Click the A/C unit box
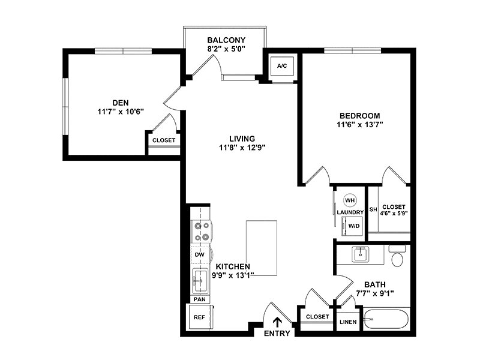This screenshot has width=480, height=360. [282, 66]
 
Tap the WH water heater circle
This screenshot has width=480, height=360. [350, 200]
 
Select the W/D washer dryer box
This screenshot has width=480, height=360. [352, 226]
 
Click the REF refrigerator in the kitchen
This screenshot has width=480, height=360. [199, 317]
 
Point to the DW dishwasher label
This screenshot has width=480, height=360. [200, 254]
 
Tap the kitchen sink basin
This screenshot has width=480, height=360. [200, 281]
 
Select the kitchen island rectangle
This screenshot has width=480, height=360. [262, 248]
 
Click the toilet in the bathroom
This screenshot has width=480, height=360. [397, 256]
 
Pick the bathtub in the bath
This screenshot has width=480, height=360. [386, 319]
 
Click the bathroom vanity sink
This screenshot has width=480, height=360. [361, 254]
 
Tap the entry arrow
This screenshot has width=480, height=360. [277, 322]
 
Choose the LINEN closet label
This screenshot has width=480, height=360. [348, 322]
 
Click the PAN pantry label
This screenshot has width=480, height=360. [200, 299]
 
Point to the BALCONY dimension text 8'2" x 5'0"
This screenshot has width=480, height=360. [226, 49]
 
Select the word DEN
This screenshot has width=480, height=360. [121, 103]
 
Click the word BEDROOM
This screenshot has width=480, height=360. [360, 116]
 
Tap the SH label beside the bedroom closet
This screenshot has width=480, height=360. [373, 209]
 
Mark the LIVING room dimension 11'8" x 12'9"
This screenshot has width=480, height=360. [242, 148]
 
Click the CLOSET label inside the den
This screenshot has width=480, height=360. [164, 140]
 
